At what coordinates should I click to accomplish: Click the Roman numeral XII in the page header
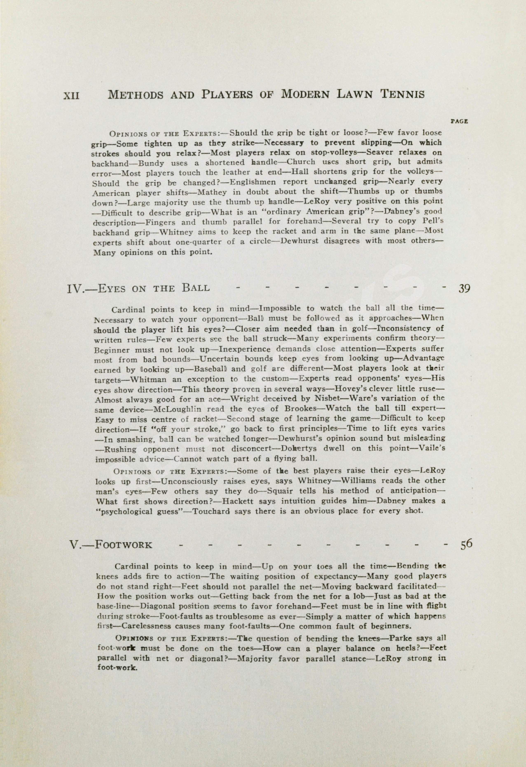71,95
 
